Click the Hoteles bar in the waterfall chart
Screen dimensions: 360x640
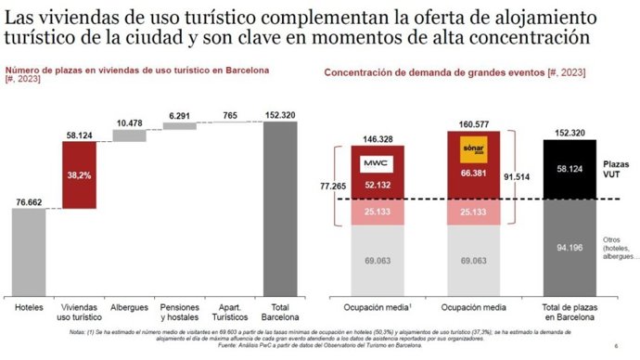click(28, 249)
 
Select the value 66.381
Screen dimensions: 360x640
click(475, 185)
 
